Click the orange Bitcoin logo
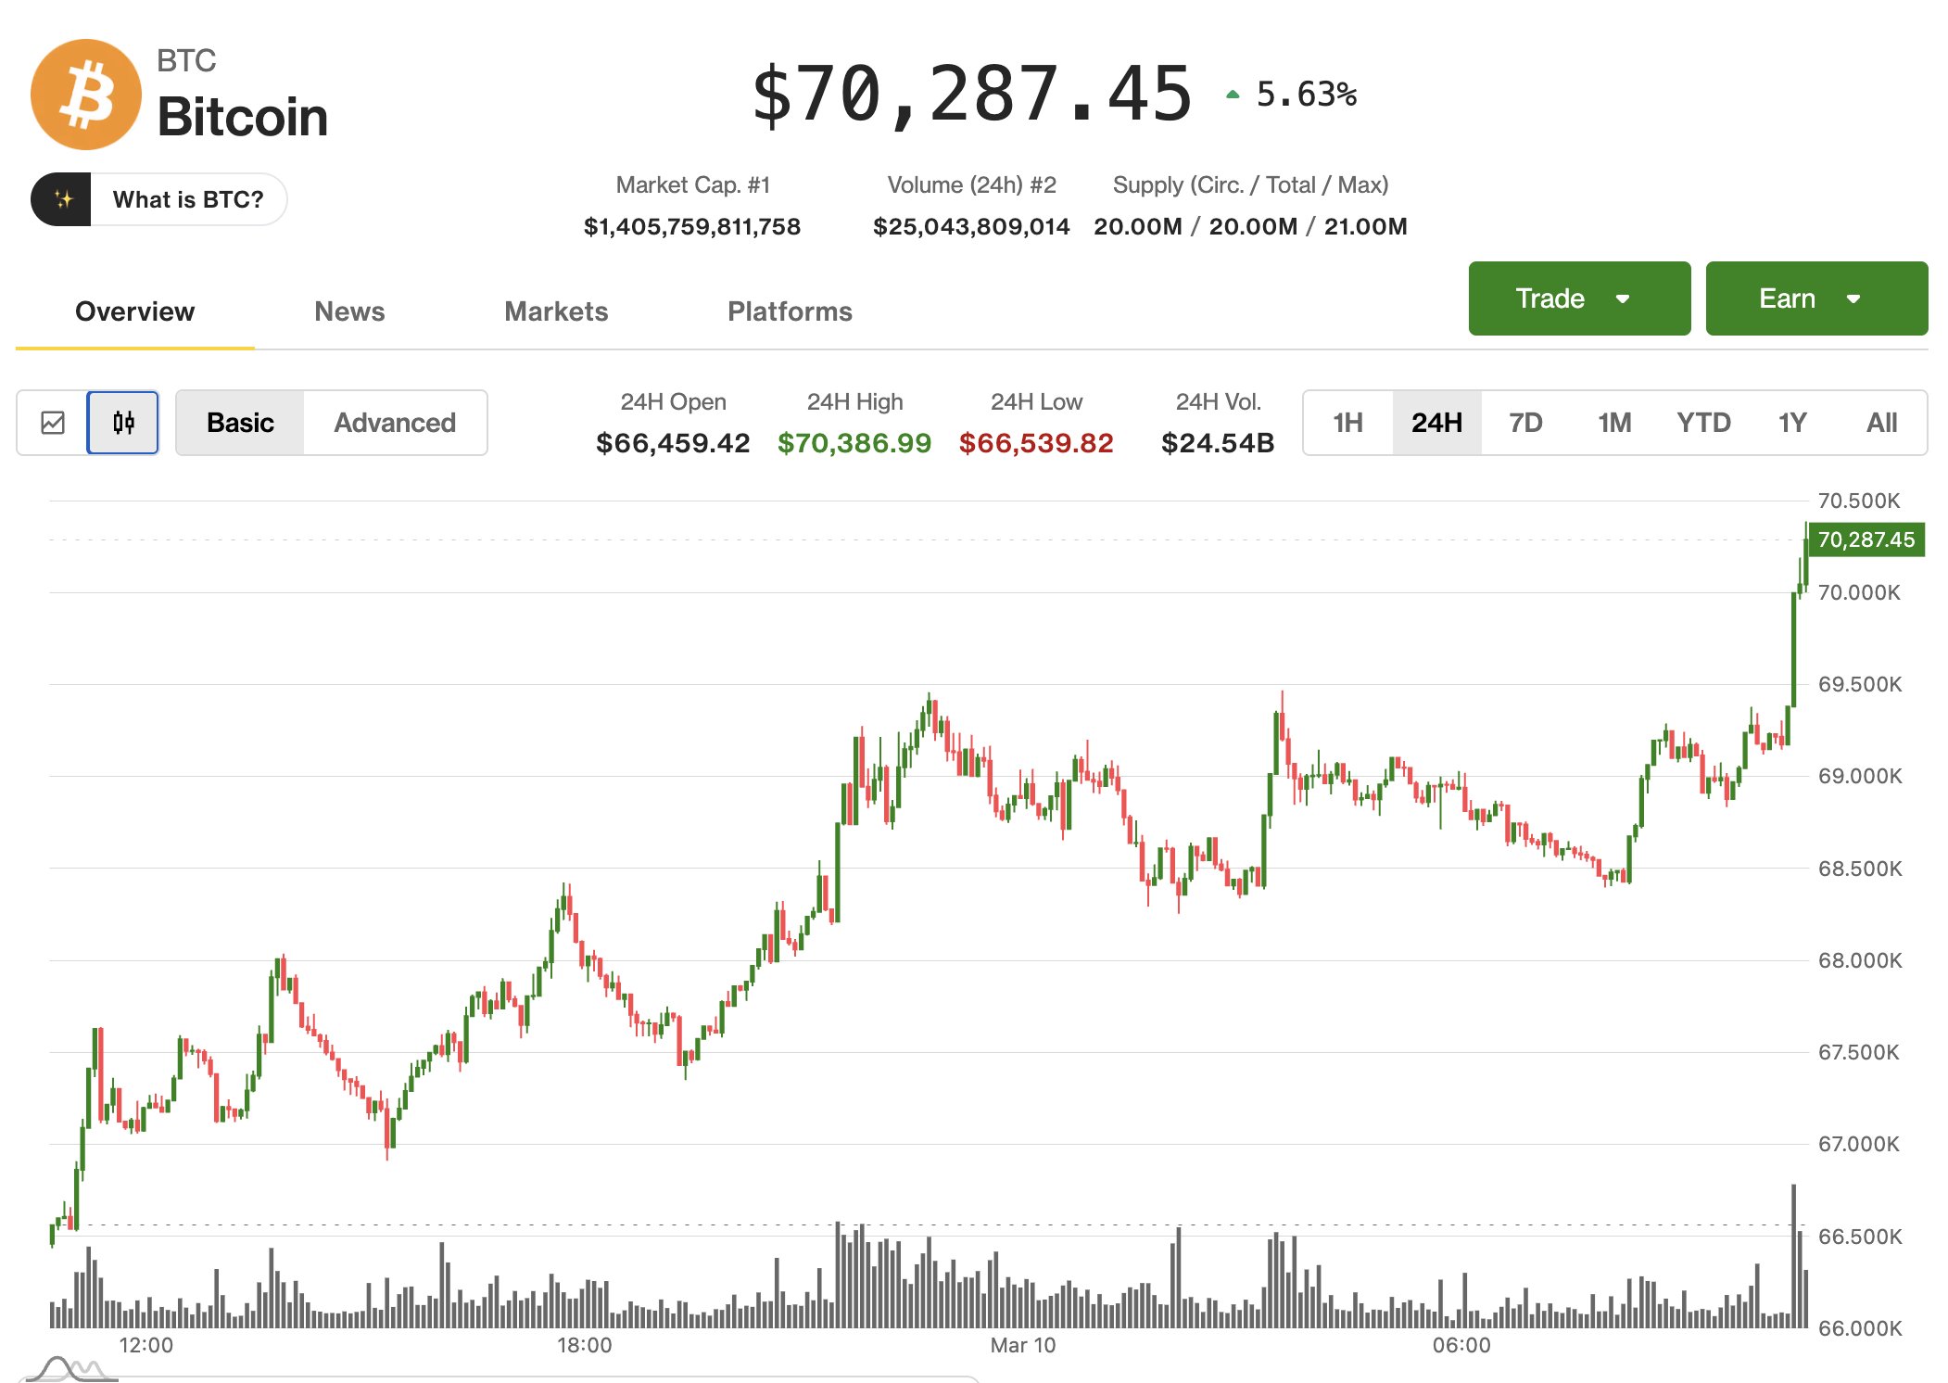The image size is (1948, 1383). pyautogui.click(x=85, y=95)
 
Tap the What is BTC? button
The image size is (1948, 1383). pyautogui.click(x=158, y=199)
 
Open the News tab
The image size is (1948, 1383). pyautogui.click(x=349, y=311)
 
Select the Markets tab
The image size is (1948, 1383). pyautogui.click(x=556, y=311)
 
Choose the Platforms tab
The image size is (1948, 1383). pyautogui.click(x=790, y=311)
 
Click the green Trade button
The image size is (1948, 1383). pyautogui.click(x=1579, y=298)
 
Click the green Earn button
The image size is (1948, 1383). pyautogui.click(x=1816, y=298)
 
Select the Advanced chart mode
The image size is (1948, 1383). pyautogui.click(x=395, y=423)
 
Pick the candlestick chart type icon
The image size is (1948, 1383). pyautogui.click(x=123, y=423)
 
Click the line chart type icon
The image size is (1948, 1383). pyautogui.click(x=53, y=423)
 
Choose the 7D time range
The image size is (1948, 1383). pyautogui.click(x=1525, y=423)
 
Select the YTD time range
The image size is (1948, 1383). pyautogui.click(x=1703, y=423)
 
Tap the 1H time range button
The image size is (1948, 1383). pyautogui.click(x=1347, y=423)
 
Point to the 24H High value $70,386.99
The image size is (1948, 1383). pyautogui.click(x=854, y=443)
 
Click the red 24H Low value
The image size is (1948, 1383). pyautogui.click(x=1036, y=443)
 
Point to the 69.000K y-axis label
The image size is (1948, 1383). pyautogui.click(x=1859, y=776)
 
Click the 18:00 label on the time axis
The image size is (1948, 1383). pyautogui.click(x=584, y=1345)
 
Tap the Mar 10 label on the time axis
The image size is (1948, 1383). pyautogui.click(x=1022, y=1345)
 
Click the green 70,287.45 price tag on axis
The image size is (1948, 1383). pyautogui.click(x=1866, y=539)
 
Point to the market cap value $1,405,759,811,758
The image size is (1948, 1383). pyautogui.click(x=692, y=226)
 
